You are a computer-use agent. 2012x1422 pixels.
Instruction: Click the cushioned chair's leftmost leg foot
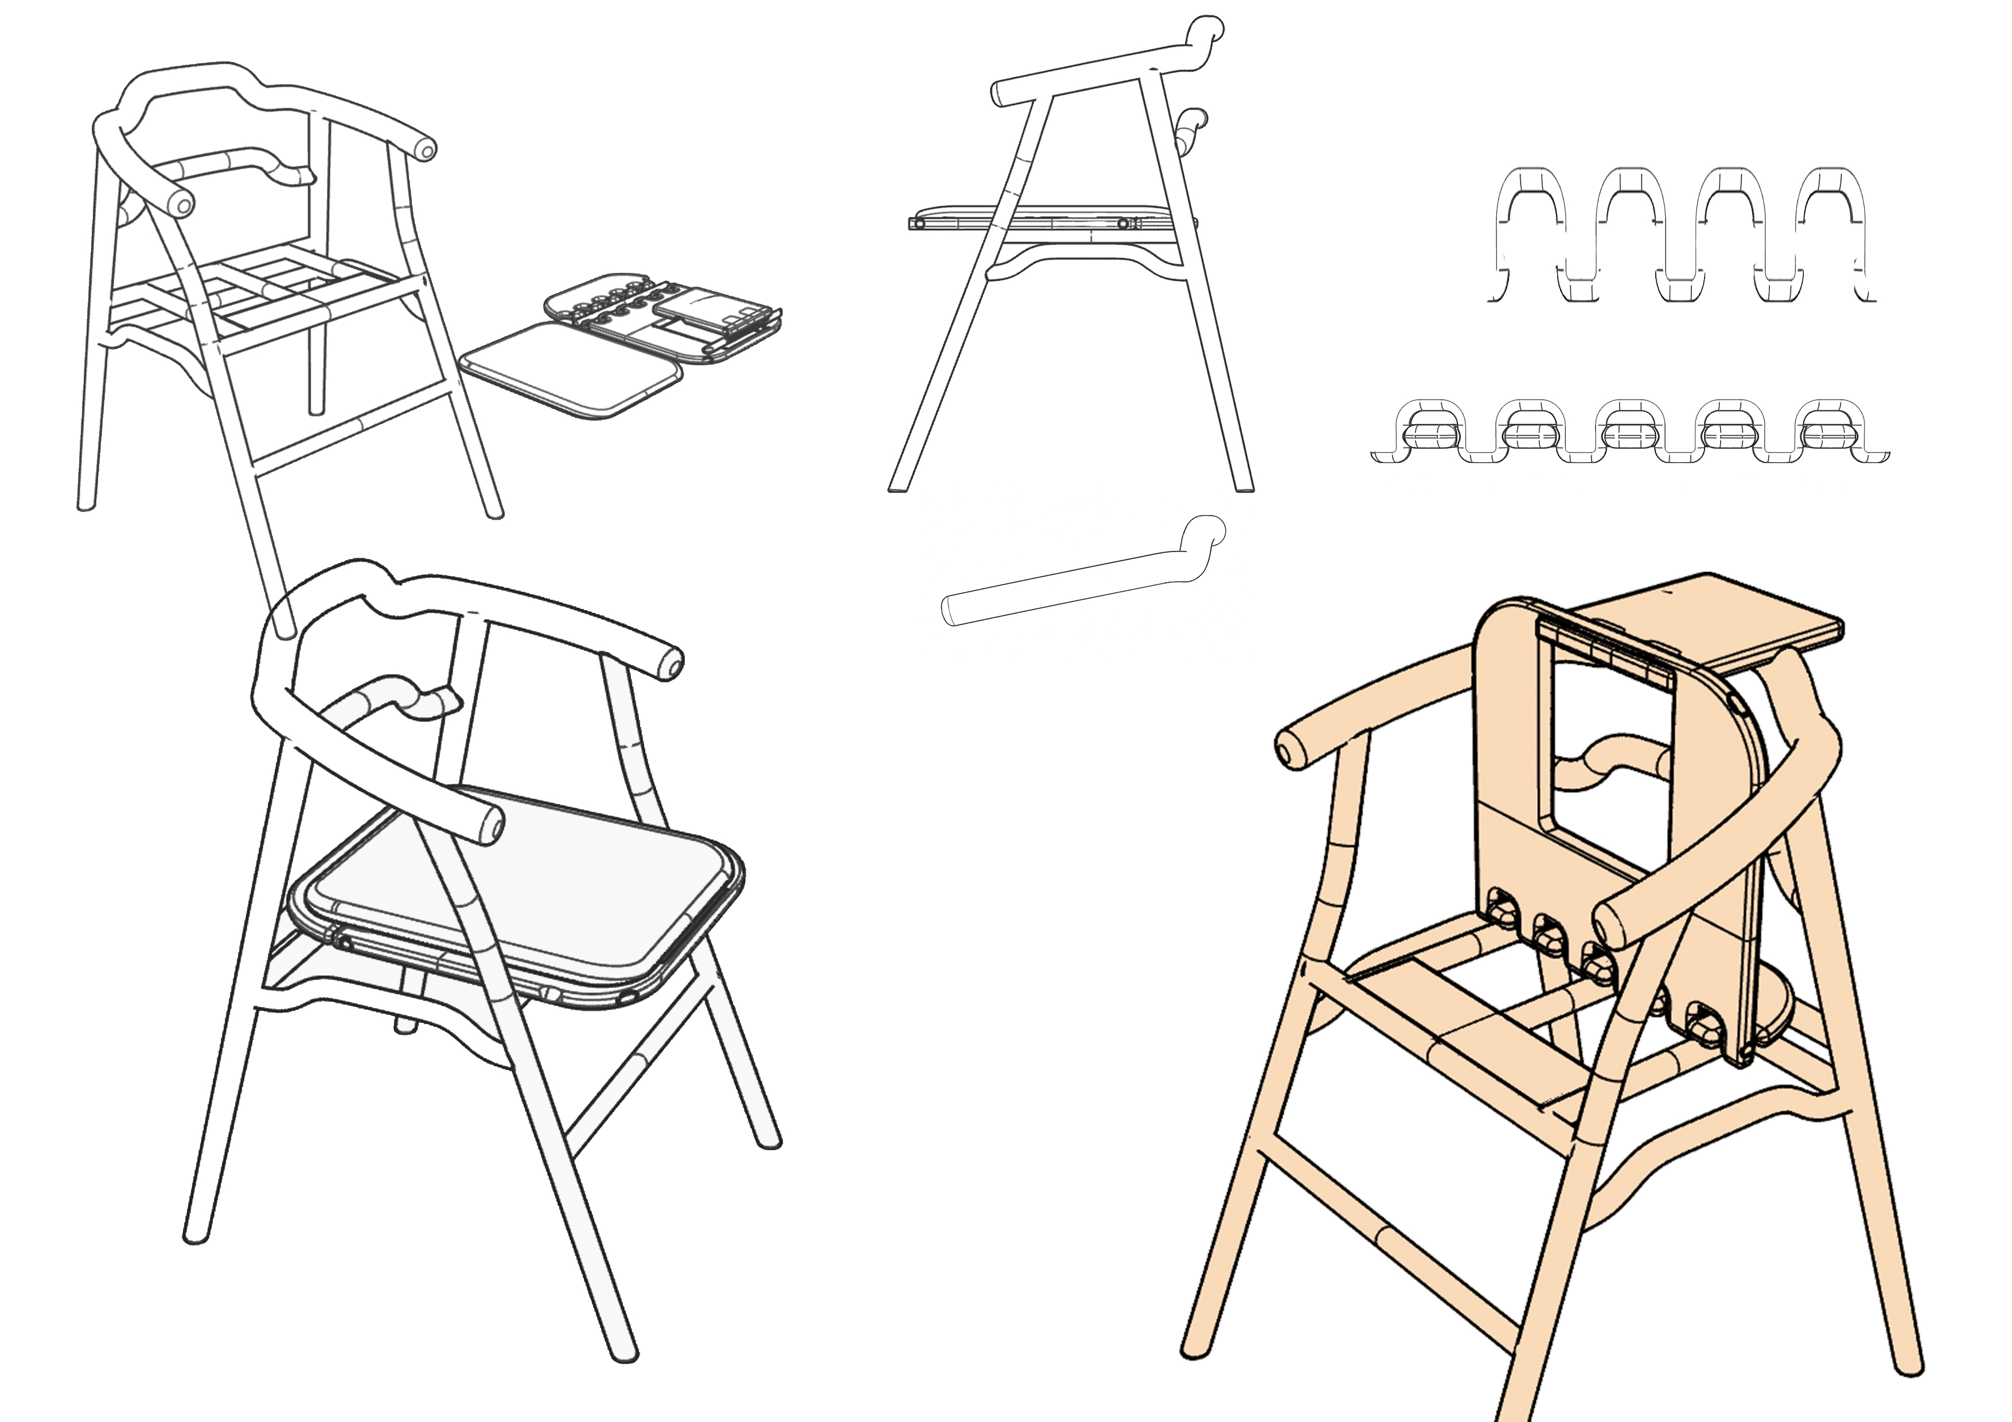point(194,1236)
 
